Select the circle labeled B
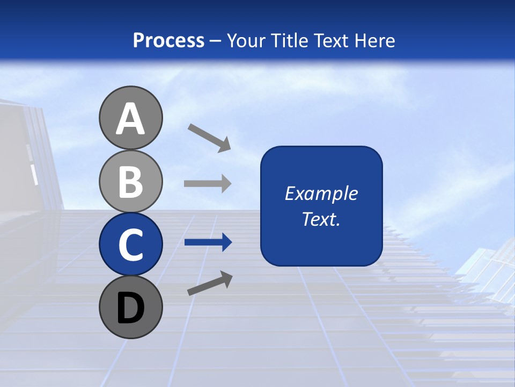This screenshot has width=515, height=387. [x=130, y=181]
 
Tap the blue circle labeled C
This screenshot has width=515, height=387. [x=130, y=244]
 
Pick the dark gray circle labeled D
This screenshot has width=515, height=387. [x=130, y=307]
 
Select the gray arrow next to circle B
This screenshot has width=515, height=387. [x=208, y=184]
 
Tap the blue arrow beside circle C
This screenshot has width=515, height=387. [x=208, y=242]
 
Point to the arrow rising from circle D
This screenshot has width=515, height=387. [x=210, y=283]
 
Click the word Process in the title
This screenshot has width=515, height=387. [x=168, y=41]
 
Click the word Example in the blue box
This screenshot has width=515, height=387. [x=321, y=193]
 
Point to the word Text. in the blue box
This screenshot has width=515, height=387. [x=321, y=219]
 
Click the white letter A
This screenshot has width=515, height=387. [x=130, y=119]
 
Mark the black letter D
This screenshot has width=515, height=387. [x=130, y=308]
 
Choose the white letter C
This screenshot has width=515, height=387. [x=130, y=245]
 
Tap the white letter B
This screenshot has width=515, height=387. [x=130, y=182]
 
